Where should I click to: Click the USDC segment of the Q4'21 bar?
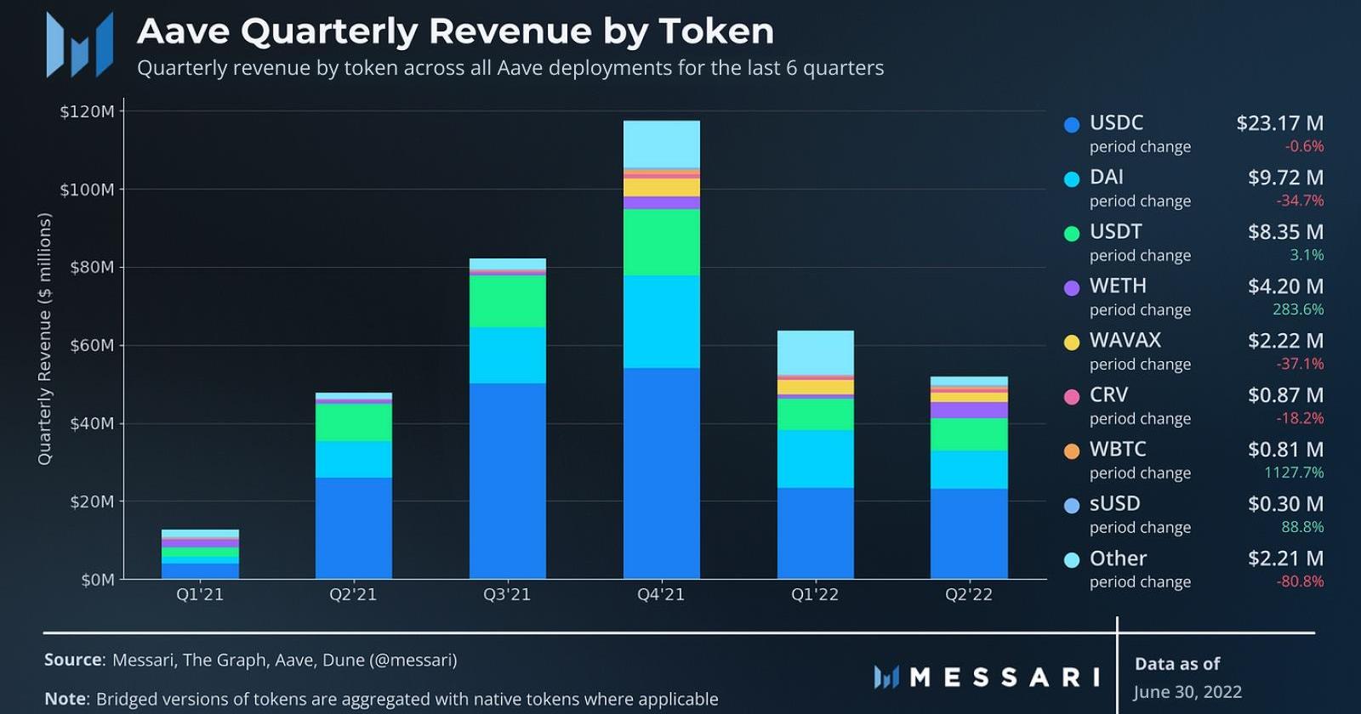point(661,473)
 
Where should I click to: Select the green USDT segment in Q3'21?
point(507,301)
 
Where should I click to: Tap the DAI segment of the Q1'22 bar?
point(815,458)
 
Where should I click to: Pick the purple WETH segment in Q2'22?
point(969,410)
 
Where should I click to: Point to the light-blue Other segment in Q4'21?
point(661,144)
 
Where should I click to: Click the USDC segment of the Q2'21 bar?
point(353,528)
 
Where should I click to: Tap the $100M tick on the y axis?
point(87,190)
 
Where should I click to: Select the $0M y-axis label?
point(97,580)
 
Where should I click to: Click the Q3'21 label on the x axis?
point(507,594)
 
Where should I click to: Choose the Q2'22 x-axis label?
point(969,594)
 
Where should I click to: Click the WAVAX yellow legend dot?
point(1072,342)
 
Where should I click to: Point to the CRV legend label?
point(1108,394)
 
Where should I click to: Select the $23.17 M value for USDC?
point(1279,123)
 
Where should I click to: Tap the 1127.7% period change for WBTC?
point(1293,473)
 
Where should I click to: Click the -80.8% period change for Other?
point(1300,581)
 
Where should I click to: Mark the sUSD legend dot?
point(1072,505)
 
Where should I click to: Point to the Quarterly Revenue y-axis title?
point(45,338)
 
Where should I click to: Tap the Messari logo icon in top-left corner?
point(80,44)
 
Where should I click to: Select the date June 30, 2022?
point(1187,692)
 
